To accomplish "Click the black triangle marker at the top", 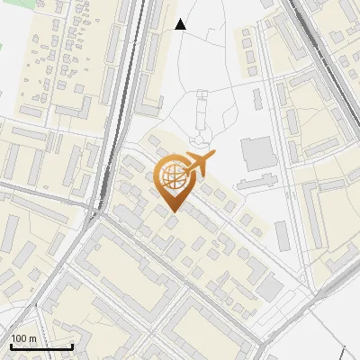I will coord(181,24).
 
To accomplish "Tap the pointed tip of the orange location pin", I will coord(173,211).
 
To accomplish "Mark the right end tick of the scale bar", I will coord(72,346).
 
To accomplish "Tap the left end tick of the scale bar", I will coord(10,346).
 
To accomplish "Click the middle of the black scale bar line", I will coord(40,346).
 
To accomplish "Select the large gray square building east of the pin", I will coord(258,153).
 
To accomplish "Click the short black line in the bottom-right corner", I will coord(343,352).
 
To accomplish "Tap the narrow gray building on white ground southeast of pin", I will coord(282,235).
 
